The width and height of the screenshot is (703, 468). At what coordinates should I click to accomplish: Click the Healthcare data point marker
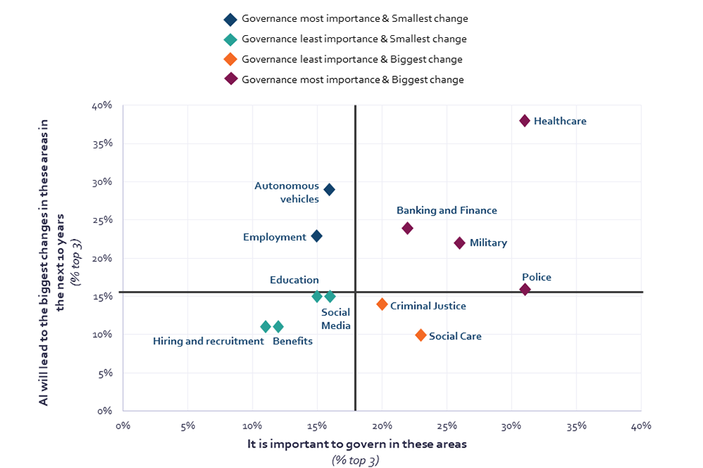[x=524, y=121]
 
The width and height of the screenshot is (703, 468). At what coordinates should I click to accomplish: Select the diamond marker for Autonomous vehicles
[x=330, y=190]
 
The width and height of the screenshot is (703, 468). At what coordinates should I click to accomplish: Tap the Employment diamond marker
[x=316, y=236]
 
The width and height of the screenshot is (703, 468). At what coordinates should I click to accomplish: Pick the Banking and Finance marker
[x=408, y=228]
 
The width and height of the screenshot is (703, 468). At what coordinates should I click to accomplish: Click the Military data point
[x=460, y=244]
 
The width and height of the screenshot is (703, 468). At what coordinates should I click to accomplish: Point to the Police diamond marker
[x=524, y=290]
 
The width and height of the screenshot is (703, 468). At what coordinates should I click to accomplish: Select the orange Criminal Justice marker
[x=382, y=304]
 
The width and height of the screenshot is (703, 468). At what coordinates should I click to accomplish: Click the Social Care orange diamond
[x=421, y=336]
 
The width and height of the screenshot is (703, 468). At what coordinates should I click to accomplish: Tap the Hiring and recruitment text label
[x=208, y=341]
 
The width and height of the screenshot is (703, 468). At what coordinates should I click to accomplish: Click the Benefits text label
[x=293, y=341]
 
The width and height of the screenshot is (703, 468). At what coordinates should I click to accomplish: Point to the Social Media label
[x=336, y=319]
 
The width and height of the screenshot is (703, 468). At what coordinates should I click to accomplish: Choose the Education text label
[x=294, y=280]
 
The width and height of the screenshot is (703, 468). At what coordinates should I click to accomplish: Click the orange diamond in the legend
[x=231, y=59]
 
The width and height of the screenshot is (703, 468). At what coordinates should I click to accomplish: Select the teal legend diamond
[x=231, y=39]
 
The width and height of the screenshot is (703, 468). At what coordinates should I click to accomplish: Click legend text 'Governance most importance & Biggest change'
[x=352, y=80]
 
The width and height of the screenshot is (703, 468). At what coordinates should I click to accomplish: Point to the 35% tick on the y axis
[x=102, y=143]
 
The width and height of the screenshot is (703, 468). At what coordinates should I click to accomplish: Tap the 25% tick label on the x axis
[x=447, y=425]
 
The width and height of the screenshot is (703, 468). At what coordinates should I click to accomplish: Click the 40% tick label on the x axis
[x=641, y=425]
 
